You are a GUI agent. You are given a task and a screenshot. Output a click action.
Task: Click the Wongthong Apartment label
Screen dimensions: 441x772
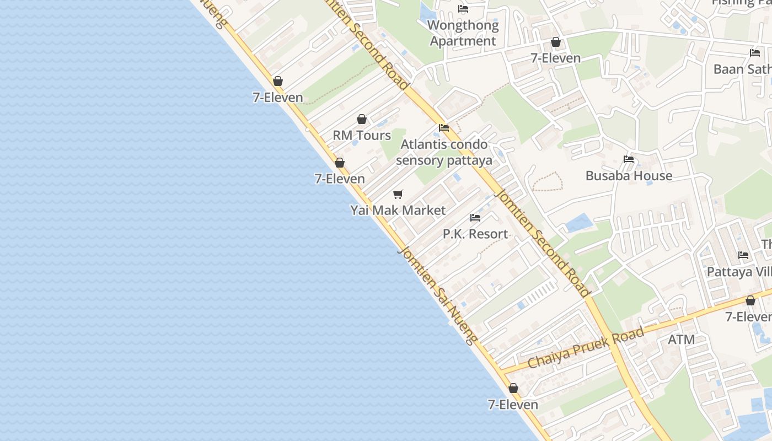(x=463, y=33)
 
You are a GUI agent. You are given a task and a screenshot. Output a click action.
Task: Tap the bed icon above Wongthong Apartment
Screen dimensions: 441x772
(x=463, y=9)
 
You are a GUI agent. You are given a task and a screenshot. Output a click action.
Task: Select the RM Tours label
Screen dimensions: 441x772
(x=362, y=136)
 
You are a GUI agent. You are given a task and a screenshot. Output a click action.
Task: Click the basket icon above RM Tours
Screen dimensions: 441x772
(x=362, y=119)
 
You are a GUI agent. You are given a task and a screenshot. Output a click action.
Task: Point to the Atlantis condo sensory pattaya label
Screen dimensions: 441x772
(x=444, y=152)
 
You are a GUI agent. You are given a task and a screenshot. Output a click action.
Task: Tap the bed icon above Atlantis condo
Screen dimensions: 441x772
(x=444, y=128)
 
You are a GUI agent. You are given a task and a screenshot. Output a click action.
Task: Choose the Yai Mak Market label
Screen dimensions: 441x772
(x=398, y=211)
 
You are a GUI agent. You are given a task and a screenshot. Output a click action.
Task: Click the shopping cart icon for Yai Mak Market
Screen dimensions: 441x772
(x=398, y=194)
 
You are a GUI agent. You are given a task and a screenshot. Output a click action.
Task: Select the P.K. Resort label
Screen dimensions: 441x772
(x=475, y=234)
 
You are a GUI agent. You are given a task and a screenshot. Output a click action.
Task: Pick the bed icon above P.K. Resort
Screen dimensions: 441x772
(x=475, y=218)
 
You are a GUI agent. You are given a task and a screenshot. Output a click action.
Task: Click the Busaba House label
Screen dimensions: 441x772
(x=629, y=176)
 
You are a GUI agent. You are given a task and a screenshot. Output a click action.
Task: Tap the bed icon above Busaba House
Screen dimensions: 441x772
(x=629, y=159)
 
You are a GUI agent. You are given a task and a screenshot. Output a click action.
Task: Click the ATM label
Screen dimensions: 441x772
(x=682, y=340)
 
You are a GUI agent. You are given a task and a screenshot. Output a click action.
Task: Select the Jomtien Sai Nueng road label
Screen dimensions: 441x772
(x=437, y=295)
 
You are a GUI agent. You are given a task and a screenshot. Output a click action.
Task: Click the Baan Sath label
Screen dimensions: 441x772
(x=742, y=69)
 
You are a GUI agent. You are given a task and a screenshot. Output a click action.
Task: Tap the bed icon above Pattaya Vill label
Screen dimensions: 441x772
(x=743, y=255)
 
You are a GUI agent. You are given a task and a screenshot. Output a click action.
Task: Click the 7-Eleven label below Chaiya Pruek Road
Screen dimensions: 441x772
(x=513, y=405)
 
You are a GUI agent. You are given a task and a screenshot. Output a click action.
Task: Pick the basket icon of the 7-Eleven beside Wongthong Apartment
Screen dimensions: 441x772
(x=556, y=42)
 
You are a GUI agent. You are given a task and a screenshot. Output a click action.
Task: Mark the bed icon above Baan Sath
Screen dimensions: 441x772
(x=755, y=53)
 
